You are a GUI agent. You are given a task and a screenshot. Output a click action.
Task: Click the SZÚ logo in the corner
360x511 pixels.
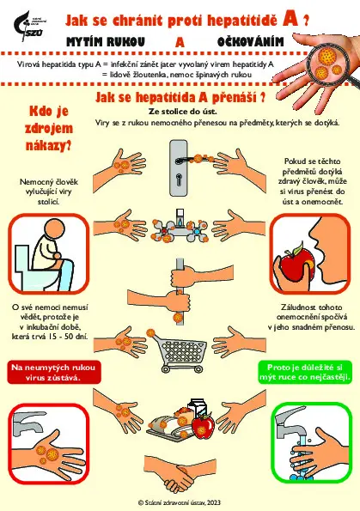pyautogui.click(x=29, y=26)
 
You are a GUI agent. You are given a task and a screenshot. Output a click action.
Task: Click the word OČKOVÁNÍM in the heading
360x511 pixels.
pyautogui.click(x=250, y=42)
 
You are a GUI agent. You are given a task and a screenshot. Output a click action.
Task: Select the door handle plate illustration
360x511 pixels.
pyautogui.click(x=179, y=167)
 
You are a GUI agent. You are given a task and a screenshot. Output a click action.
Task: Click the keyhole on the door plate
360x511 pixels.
pyautogui.click(x=179, y=179)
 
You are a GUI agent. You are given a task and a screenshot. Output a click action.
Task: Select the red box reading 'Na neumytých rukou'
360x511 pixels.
pyautogui.click(x=53, y=372)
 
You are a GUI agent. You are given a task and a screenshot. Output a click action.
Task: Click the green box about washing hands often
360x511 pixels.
pyautogui.click(x=305, y=372)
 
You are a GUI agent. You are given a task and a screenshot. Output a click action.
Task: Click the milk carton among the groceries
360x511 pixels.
pyautogui.click(x=198, y=410)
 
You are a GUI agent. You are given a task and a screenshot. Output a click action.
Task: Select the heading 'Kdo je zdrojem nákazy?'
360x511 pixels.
pyautogui.click(x=49, y=129)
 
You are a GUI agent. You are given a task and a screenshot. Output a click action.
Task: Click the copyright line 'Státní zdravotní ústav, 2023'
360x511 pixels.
pyautogui.click(x=180, y=502)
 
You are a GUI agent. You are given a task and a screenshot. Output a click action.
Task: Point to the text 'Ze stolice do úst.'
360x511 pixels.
pyautogui.click(x=183, y=112)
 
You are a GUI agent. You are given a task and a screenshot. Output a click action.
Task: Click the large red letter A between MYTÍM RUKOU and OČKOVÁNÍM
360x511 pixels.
pyautogui.click(x=180, y=42)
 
